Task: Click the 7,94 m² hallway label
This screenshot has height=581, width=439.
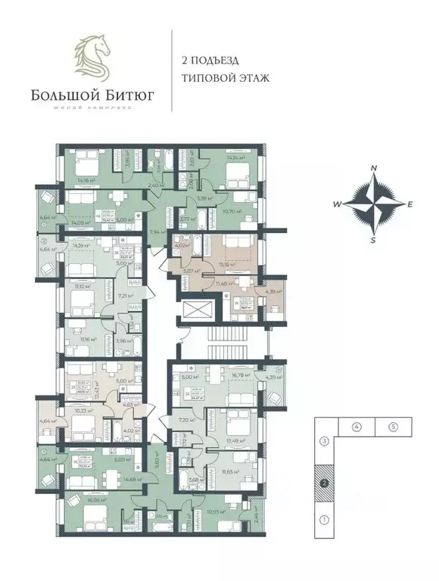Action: click(157, 231)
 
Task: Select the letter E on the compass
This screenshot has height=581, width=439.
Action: click(409, 204)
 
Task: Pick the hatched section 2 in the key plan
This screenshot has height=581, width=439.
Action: click(323, 482)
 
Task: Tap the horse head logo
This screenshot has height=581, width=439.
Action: click(92, 58)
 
